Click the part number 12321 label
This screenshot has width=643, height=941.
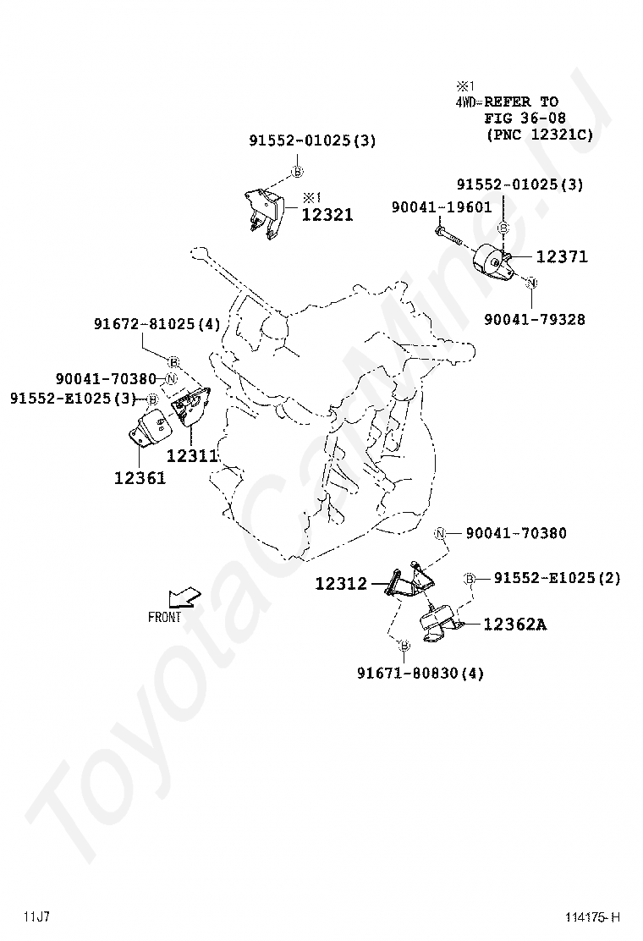[x=327, y=214]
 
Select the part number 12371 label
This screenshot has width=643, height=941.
[x=562, y=256]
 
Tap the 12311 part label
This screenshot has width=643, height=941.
[x=192, y=455]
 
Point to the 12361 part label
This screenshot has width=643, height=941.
[x=140, y=478]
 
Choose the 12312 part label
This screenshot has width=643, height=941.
[x=341, y=583]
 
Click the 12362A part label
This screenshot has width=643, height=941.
[x=515, y=625]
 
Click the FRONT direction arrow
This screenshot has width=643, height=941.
[x=184, y=597]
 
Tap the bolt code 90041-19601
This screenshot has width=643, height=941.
[x=442, y=207]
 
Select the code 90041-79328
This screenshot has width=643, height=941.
[x=535, y=319]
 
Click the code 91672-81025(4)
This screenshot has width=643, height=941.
[x=157, y=324]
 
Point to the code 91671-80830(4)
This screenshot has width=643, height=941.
[x=420, y=673]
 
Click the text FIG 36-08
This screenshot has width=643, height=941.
[x=525, y=118]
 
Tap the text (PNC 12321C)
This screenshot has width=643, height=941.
[x=539, y=134]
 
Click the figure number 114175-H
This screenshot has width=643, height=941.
[x=592, y=917]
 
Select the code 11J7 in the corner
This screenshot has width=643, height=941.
[x=37, y=916]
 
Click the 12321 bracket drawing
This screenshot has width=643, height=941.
[x=265, y=213]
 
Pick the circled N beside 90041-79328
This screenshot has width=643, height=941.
[x=532, y=282]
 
